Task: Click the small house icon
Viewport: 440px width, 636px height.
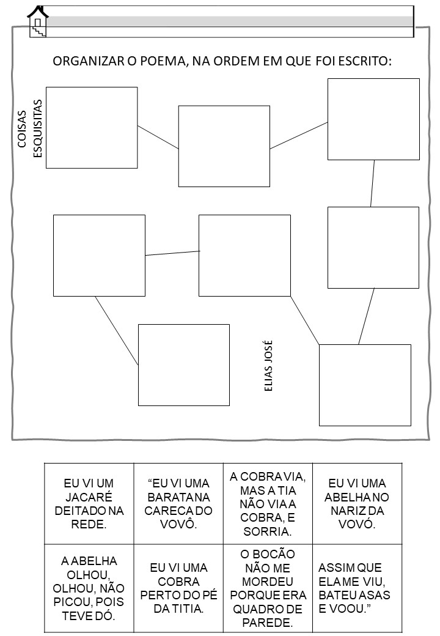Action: point(38,22)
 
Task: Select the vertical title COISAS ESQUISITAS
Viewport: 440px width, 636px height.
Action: point(29,128)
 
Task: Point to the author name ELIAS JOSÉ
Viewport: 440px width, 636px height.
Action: point(268,366)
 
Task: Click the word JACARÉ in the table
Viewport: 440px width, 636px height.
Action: point(89,497)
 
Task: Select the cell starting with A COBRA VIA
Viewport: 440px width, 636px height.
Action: point(268,503)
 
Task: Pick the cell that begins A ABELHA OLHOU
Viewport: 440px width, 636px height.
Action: point(89,588)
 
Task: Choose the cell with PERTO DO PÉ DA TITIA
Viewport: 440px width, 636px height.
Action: point(178,588)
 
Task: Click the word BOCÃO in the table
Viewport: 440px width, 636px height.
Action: point(268,553)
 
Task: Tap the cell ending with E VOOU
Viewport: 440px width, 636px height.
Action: point(357,588)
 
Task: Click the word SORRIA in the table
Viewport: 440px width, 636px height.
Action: point(266,531)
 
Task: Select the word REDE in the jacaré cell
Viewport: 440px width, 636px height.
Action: point(87,524)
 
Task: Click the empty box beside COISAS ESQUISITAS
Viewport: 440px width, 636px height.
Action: point(92,127)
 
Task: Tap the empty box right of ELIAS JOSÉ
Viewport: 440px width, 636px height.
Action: point(365,385)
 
